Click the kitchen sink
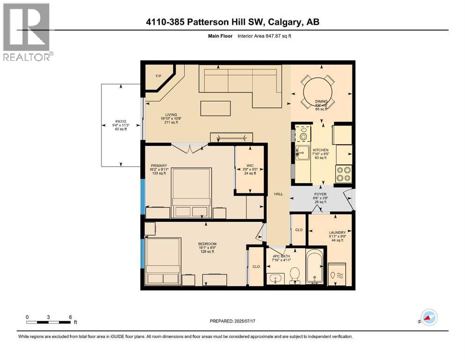[x=303, y=152]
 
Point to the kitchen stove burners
[x=344, y=173]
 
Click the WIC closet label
[x=250, y=165]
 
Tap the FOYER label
[x=320, y=194]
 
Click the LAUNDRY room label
[x=337, y=232]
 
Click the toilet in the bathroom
[x=295, y=276]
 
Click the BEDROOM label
[x=207, y=244]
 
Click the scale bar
[x=49, y=322]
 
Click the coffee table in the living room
[x=215, y=108]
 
